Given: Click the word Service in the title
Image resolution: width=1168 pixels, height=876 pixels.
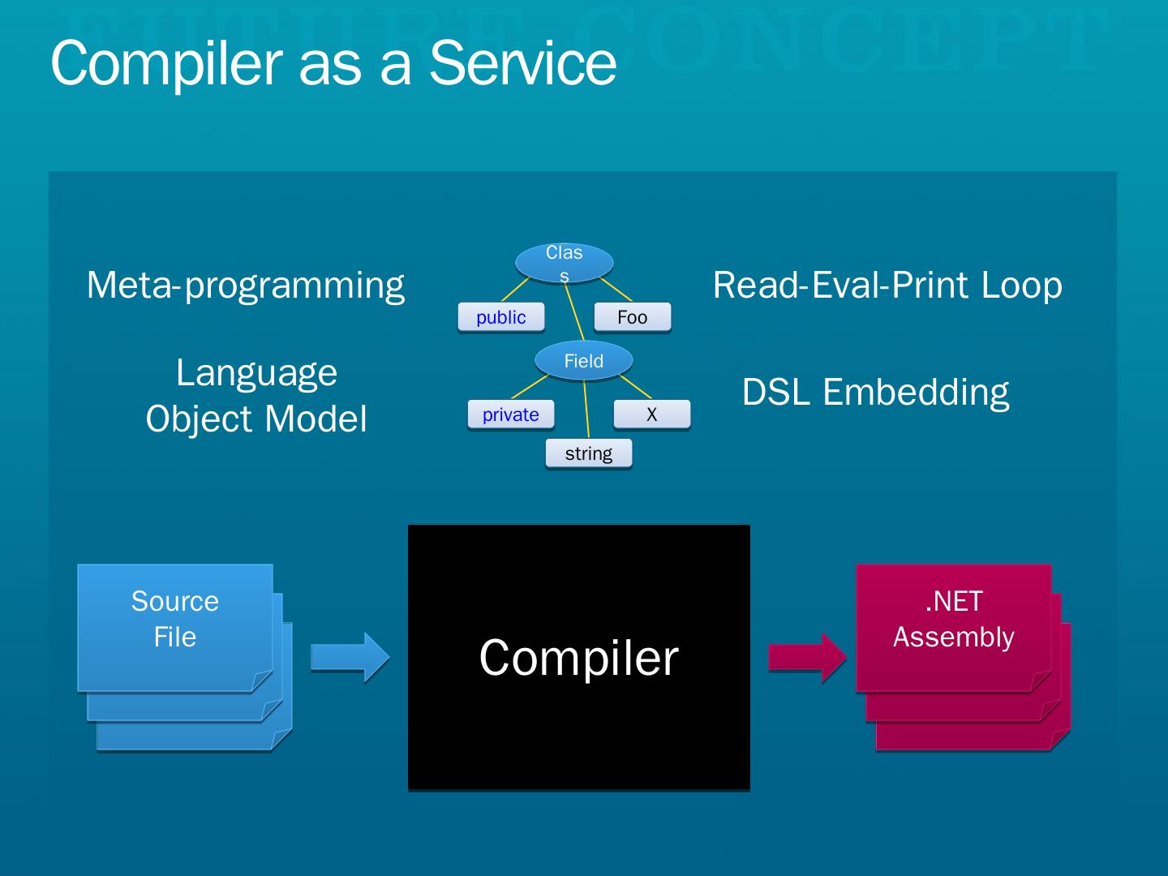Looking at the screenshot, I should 522,63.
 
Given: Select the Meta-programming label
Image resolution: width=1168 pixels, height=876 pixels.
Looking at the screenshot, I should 245,286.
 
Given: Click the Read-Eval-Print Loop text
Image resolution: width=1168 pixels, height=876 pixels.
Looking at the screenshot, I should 887,286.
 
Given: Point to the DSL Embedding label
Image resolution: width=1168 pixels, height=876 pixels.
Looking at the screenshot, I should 875,393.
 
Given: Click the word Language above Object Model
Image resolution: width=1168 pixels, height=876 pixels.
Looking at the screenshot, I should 256,373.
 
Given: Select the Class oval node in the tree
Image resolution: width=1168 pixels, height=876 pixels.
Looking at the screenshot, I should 565,262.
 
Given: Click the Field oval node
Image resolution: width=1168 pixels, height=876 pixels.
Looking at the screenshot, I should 584,361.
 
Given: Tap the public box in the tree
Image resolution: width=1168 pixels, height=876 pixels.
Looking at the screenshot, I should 501,317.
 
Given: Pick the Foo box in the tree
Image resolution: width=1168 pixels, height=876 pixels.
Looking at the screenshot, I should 633,317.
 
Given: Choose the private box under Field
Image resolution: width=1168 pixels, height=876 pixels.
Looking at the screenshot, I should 511,414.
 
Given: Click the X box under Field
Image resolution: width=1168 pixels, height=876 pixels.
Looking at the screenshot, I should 652,414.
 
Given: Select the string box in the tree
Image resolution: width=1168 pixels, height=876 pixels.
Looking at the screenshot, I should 589,453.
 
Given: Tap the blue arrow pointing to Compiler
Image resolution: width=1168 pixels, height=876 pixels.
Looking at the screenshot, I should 350,657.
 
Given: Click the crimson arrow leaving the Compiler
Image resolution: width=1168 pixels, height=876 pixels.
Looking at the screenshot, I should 807,657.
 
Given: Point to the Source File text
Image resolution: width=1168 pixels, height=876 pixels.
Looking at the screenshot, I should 175,619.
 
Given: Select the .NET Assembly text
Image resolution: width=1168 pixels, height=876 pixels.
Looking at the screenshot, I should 954,619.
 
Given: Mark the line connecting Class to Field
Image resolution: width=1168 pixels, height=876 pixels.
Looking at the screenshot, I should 575,313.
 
